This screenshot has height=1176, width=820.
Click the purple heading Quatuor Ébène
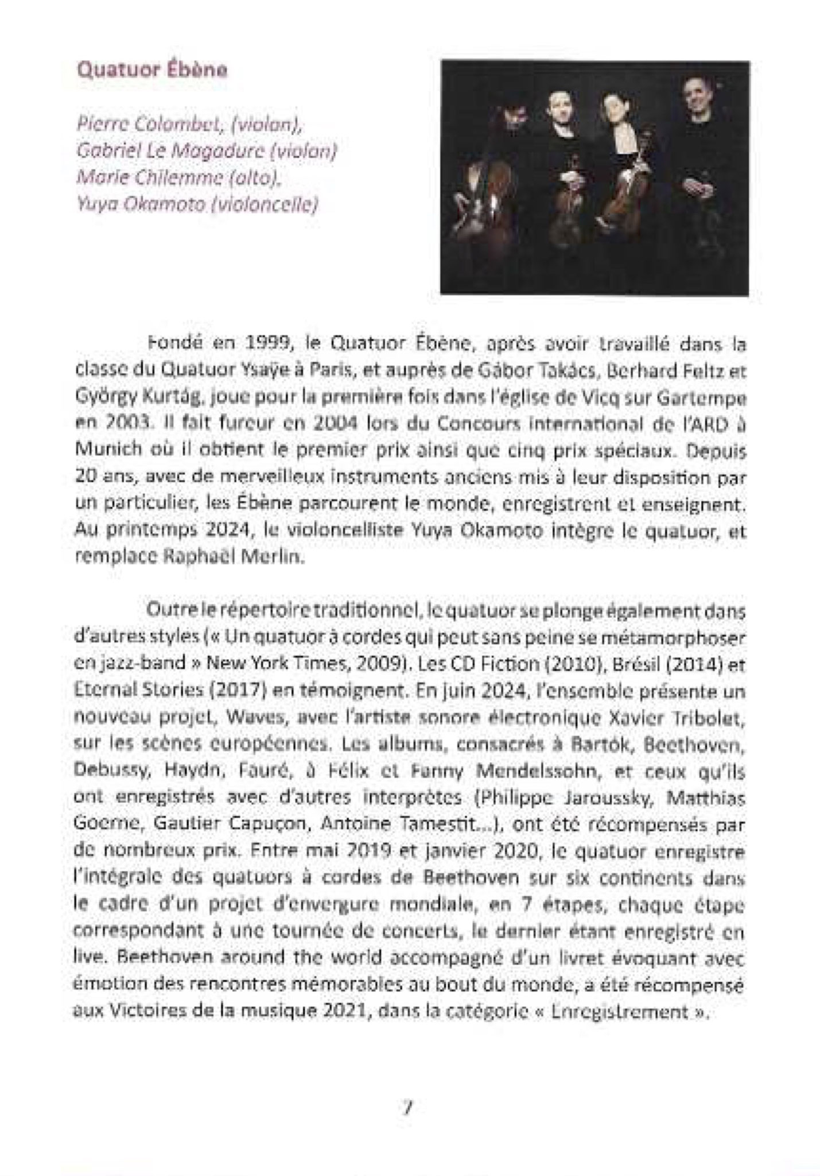(152, 70)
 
